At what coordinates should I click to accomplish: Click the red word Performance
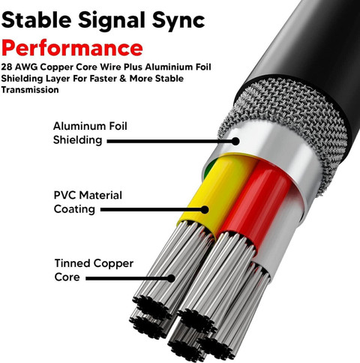pos(72,48)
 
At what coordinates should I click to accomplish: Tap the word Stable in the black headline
pos(37,20)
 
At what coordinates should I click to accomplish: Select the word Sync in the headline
pos(178,22)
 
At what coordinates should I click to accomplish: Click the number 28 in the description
pos(7,67)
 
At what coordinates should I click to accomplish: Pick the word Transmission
pos(30,90)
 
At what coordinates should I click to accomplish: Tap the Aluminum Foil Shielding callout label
pos(90,133)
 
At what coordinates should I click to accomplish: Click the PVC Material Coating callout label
pos(88,202)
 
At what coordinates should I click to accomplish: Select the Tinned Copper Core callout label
pos(94,270)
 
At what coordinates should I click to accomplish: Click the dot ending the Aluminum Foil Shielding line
pos(235,141)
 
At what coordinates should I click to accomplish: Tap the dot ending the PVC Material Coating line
pos(205,209)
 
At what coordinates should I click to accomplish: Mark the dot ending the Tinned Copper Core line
pos(171,278)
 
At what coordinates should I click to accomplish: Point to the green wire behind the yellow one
pos(209,168)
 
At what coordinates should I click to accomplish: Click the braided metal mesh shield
pos(295,118)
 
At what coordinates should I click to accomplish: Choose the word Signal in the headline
pos(112,22)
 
